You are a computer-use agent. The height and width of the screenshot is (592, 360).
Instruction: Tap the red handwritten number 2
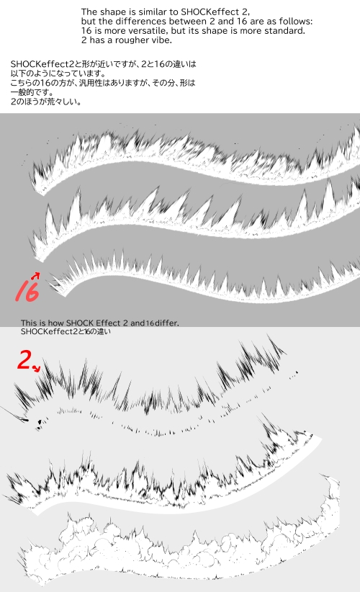point(24,360)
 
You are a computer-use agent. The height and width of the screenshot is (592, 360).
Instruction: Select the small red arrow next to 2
point(36,368)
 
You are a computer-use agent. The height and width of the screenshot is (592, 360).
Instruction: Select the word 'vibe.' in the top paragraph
point(163,40)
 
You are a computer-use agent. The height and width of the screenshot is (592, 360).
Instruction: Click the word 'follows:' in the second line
point(297,21)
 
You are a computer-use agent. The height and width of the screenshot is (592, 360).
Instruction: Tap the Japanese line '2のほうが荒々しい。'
point(45,102)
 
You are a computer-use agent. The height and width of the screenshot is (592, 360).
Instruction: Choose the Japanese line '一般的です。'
point(32,92)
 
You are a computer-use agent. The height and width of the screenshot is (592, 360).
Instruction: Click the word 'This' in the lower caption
point(28,323)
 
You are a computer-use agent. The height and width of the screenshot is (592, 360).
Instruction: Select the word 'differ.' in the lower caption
point(167,323)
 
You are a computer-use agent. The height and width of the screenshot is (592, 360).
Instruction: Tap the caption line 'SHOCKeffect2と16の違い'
point(66,331)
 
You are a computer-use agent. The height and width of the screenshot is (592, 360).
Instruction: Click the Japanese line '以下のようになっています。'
point(58,73)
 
